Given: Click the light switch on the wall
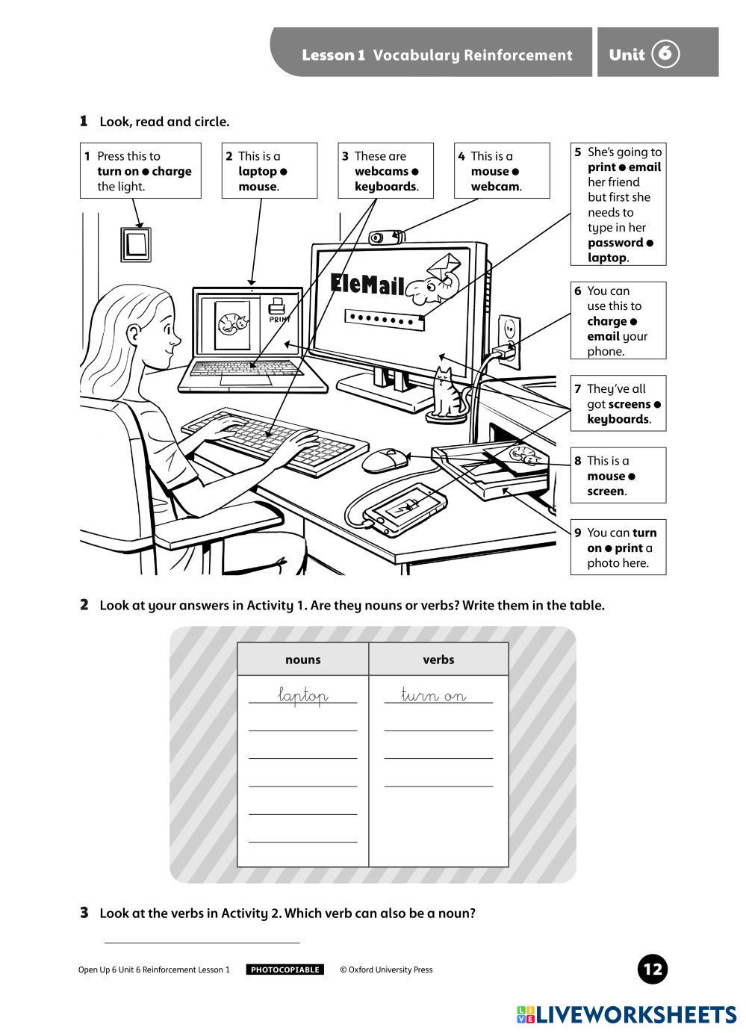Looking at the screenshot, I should [x=136, y=244].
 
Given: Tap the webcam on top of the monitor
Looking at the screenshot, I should [x=385, y=238].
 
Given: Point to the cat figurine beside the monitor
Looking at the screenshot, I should [x=447, y=394].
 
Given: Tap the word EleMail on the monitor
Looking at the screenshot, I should [x=367, y=284].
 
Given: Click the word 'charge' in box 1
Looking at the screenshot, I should [x=172, y=171].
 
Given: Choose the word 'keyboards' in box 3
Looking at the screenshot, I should [x=385, y=187].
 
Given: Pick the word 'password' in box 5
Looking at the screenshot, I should [x=615, y=243].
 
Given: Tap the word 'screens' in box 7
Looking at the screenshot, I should [x=629, y=404].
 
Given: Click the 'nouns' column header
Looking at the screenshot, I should [x=302, y=660].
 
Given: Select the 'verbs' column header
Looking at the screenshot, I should [x=438, y=660].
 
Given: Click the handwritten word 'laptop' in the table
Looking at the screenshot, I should [x=302, y=696].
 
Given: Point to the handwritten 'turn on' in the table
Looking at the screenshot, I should [x=434, y=696].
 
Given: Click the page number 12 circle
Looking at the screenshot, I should [x=653, y=970].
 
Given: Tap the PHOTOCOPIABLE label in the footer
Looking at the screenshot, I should [x=285, y=970].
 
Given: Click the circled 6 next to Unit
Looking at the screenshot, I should [x=665, y=54].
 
